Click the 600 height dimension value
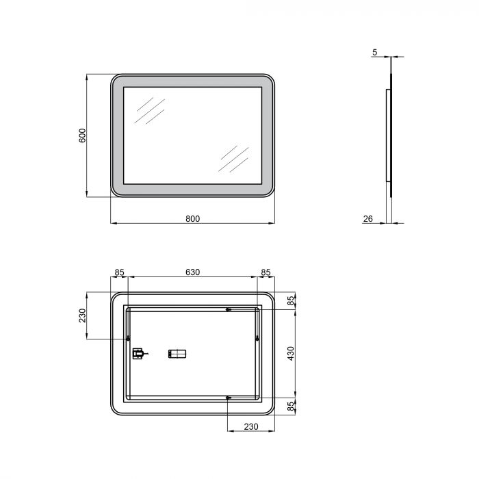[x=82, y=135]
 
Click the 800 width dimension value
[x=192, y=218]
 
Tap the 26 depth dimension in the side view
[x=367, y=218]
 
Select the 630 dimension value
[x=192, y=272]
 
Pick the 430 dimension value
[x=290, y=353]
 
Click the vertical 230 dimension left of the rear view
[x=82, y=315]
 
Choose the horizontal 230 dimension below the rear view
[x=250, y=427]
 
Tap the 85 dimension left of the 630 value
[x=120, y=272]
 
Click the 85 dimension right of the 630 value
[x=266, y=272]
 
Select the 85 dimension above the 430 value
[x=290, y=300]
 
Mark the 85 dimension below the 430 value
[x=290, y=406]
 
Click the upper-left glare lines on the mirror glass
[x=149, y=111]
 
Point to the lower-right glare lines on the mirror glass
[x=233, y=158]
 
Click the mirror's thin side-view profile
[x=391, y=137]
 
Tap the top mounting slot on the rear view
[x=229, y=310]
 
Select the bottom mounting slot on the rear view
[x=229, y=397]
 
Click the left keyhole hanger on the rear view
[x=129, y=339]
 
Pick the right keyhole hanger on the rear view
[x=257, y=339]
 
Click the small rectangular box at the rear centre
[x=177, y=354]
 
